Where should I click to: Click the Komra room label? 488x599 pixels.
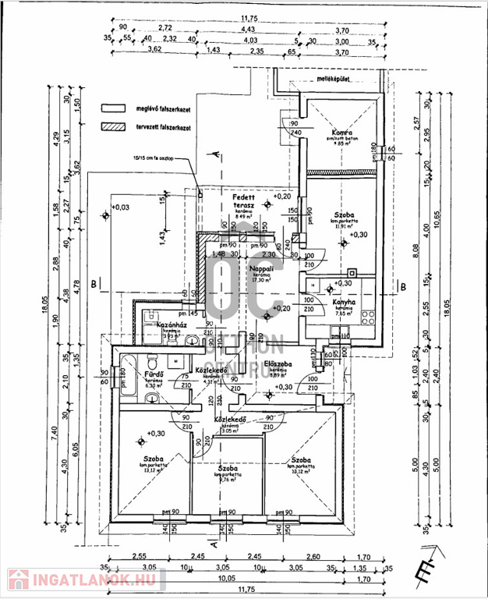tap(338, 133)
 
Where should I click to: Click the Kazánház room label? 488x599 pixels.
tap(170, 324)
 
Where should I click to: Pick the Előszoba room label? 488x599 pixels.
tap(278, 363)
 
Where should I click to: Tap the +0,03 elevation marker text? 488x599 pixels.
tap(120, 207)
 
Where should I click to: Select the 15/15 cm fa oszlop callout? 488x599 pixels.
tap(154, 158)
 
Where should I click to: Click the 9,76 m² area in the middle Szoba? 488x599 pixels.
tap(227, 480)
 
